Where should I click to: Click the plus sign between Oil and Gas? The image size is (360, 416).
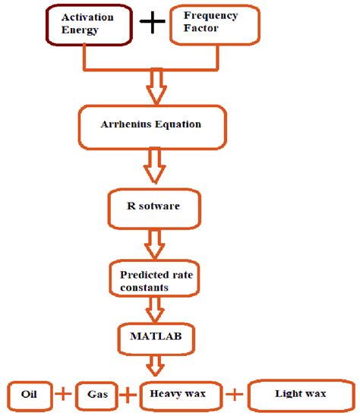(x=62, y=394)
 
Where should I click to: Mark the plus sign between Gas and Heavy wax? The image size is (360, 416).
(x=130, y=394)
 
